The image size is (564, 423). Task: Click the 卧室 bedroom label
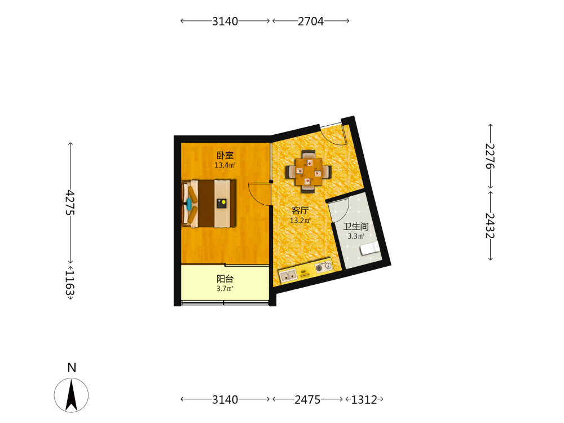[x=225, y=156]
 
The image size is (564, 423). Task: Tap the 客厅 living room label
[x=299, y=210]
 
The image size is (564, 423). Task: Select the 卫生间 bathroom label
[x=356, y=226]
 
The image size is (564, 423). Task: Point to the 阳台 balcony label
[x=225, y=279]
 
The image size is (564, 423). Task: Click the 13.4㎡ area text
[x=225, y=165]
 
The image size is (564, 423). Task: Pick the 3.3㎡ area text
[x=356, y=236]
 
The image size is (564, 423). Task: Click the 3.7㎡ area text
[x=225, y=288]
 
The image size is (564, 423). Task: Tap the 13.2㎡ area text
[x=300, y=221]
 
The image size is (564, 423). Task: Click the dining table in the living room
[x=309, y=171]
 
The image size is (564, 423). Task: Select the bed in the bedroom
[x=209, y=204]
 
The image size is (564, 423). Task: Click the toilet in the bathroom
[x=370, y=248]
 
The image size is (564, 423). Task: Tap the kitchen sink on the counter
[x=288, y=276]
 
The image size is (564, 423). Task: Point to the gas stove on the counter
[x=323, y=267]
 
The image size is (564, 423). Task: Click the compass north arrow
[x=71, y=395]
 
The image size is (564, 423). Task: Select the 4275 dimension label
[x=70, y=202]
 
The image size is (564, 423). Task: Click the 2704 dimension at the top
[x=311, y=21]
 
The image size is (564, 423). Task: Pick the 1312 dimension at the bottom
[x=364, y=400]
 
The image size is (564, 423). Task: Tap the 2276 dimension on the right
[x=490, y=156]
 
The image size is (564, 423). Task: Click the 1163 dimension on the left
[x=70, y=283]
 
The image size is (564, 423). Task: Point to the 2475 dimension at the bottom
[x=307, y=400]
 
